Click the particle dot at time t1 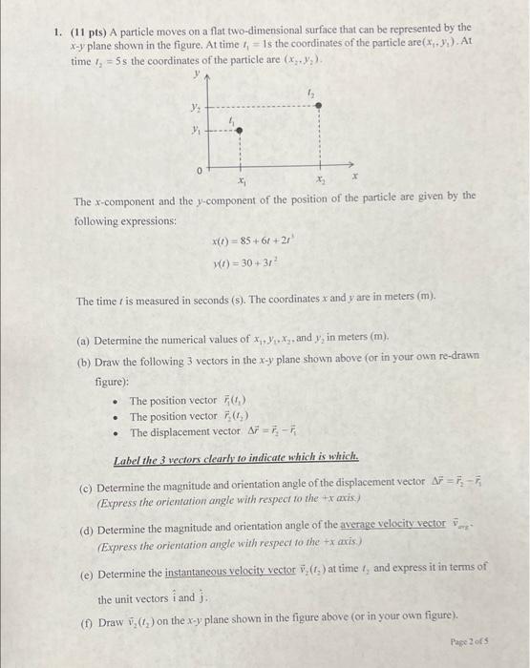[240, 130]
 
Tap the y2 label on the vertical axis [195, 107]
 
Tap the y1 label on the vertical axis [196, 130]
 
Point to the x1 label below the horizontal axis [239, 179]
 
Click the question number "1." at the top [58, 29]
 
